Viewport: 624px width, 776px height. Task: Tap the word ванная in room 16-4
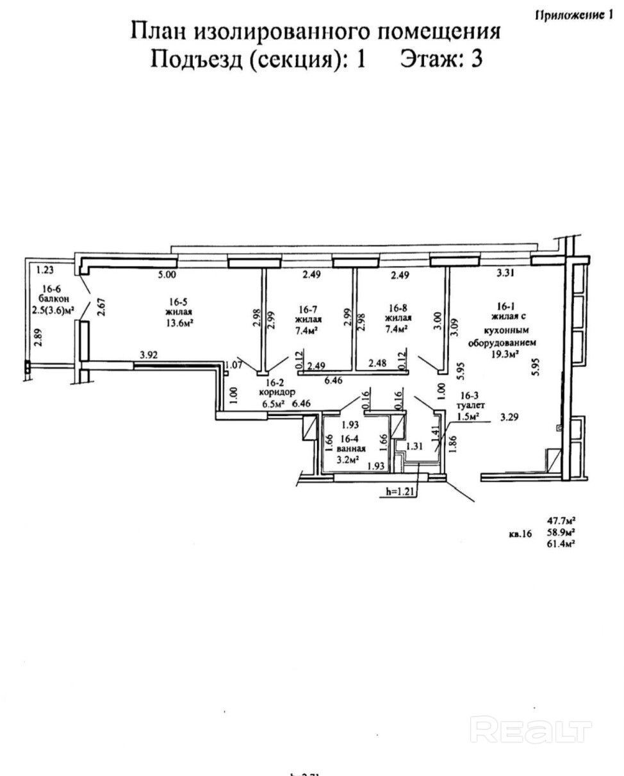349,449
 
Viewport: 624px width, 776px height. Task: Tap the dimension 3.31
505,275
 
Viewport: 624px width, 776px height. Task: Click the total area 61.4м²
560,543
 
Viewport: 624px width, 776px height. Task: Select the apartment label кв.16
520,533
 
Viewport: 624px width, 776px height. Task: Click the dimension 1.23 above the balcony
44,270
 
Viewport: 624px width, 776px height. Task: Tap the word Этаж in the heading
428,59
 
